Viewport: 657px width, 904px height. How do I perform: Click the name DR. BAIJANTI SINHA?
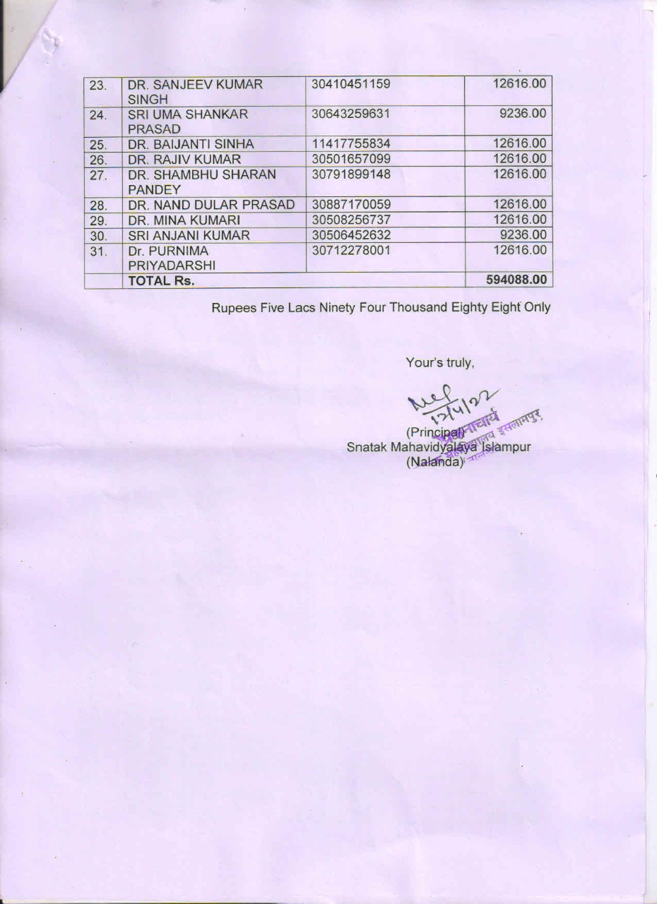(x=190, y=144)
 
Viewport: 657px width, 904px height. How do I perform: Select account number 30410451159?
(x=350, y=84)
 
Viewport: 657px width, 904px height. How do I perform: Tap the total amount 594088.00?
(x=516, y=280)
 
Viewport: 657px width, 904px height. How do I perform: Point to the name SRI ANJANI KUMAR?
(x=189, y=235)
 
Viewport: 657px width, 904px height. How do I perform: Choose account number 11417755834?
(x=350, y=144)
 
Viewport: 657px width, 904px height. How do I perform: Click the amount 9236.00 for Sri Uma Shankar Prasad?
(x=523, y=114)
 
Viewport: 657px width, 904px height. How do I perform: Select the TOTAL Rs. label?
(x=160, y=280)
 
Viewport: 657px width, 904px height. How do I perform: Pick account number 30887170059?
(x=350, y=205)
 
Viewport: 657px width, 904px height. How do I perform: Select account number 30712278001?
(x=350, y=250)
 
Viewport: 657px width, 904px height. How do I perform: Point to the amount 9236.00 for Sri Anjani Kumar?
(x=523, y=235)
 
